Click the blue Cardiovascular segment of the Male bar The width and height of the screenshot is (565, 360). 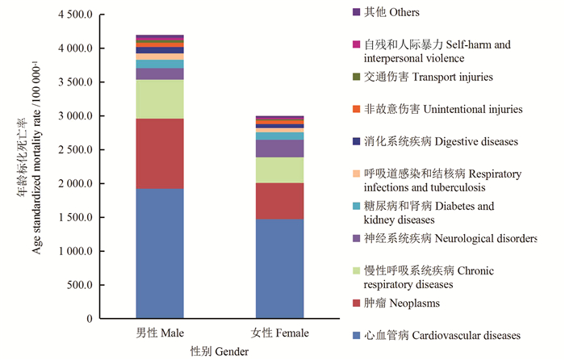click(160, 253)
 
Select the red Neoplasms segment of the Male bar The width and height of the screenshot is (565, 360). click(160, 153)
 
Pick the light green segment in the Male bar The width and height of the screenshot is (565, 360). click(160, 98)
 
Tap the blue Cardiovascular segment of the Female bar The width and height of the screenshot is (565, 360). click(280, 269)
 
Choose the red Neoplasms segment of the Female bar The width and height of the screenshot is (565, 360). click(280, 201)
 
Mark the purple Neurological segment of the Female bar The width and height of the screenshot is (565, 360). click(280, 149)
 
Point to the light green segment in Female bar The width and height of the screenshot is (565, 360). click(280, 170)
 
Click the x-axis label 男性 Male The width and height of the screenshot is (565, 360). click(160, 333)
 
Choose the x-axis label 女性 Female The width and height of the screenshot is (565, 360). click(280, 333)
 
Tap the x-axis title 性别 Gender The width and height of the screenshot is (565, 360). click(219, 352)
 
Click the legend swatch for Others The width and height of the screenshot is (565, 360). click(356, 12)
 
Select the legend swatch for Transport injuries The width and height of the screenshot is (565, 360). click(356, 77)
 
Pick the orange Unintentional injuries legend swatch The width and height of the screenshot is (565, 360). click(356, 109)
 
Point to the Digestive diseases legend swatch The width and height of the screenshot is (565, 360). click(356, 141)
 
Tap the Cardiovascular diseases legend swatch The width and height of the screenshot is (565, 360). click(356, 335)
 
